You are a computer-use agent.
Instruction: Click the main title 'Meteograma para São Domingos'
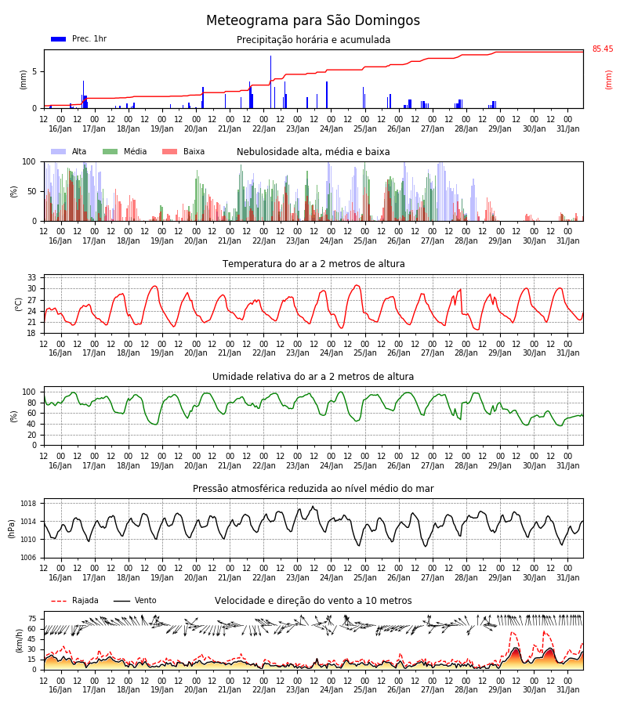(x=313, y=20)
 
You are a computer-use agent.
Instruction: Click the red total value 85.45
(x=603, y=49)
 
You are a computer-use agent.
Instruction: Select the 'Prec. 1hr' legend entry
(x=78, y=38)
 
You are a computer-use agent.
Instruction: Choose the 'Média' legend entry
(x=125, y=151)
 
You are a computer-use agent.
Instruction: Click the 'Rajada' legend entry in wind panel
(x=74, y=601)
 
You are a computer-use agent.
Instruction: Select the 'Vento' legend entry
(x=135, y=601)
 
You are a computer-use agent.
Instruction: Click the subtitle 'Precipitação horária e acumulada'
(x=313, y=40)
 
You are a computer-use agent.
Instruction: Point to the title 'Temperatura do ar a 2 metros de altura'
(x=313, y=264)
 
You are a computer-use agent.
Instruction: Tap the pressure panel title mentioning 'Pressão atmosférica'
(x=313, y=489)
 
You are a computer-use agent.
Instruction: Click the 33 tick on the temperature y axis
(x=31, y=277)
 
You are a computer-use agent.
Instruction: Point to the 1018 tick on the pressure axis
(x=28, y=504)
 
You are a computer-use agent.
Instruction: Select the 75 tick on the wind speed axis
(x=32, y=619)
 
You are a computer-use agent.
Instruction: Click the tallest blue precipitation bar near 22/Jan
(x=270, y=81)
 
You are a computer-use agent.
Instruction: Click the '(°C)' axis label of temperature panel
(x=19, y=305)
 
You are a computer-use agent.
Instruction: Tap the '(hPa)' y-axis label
(x=12, y=529)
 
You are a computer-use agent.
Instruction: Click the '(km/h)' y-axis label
(x=19, y=641)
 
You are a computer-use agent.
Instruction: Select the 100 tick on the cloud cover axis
(x=29, y=162)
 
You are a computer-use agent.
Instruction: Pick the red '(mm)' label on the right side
(x=608, y=80)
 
